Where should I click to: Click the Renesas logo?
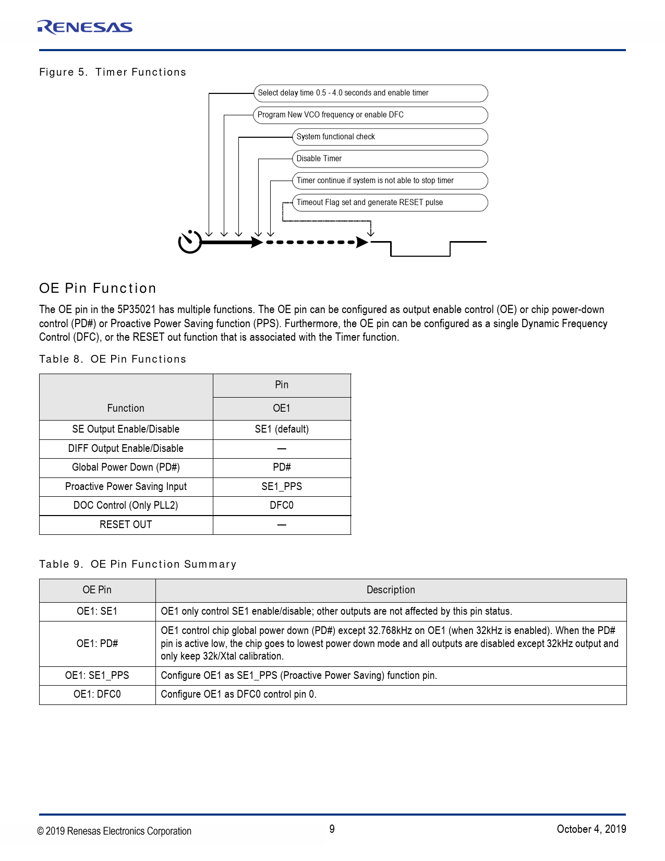point(85,27)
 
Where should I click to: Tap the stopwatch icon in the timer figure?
point(190,242)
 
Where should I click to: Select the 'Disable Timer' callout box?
point(390,159)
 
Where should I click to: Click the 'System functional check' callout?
point(390,137)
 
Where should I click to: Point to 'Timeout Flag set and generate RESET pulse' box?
point(390,202)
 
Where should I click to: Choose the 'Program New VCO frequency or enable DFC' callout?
point(370,115)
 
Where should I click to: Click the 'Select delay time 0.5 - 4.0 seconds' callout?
point(370,93)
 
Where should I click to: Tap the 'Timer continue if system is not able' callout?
point(390,181)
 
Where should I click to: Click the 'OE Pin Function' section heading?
point(98,288)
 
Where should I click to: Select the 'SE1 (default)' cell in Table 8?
point(282,429)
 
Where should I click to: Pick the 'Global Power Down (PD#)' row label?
point(126,468)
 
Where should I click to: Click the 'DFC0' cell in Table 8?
point(282,506)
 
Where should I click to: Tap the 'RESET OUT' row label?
point(126,525)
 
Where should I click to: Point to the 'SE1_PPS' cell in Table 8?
point(282,487)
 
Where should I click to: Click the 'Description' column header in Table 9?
point(391,590)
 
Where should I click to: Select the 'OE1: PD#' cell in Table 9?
point(98,644)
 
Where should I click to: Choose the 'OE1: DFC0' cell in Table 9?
point(98,695)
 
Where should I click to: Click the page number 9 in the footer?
point(332,829)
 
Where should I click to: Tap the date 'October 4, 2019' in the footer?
point(591,829)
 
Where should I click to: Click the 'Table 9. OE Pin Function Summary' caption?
point(138,564)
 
